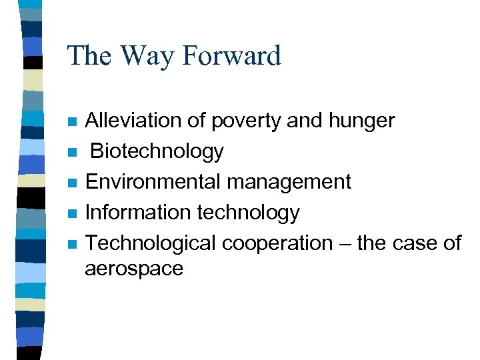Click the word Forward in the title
tap(231, 55)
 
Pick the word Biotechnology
tap(157, 152)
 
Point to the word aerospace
tap(133, 269)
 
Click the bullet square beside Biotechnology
tap(71, 153)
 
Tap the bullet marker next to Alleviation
tap(71, 122)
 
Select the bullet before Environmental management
tap(71, 183)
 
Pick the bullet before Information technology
tap(71, 213)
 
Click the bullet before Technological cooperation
tap(71, 244)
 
